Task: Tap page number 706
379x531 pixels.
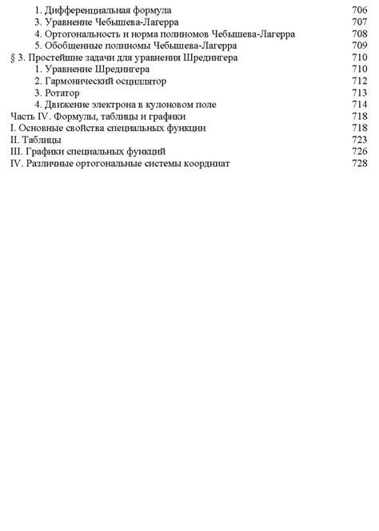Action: (359, 10)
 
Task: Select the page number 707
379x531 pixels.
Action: (359, 22)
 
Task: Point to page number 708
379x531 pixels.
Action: (359, 34)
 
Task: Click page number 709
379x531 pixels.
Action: (359, 46)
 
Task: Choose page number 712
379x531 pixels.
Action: (359, 81)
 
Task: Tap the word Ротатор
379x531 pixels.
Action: (64, 93)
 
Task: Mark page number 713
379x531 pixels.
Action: (359, 93)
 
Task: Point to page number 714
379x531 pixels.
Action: (359, 104)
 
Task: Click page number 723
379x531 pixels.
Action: (359, 139)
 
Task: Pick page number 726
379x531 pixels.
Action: (359, 151)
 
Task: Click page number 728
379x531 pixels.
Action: (359, 163)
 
